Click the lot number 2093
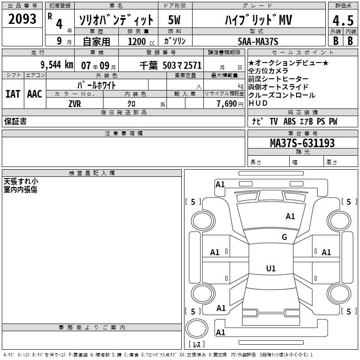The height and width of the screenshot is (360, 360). (x=22, y=19)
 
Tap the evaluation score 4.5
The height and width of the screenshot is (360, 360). (x=342, y=21)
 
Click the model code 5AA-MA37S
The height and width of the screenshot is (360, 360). (x=258, y=41)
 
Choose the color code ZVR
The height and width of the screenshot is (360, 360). (x=74, y=103)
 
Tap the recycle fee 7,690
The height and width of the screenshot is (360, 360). (x=227, y=103)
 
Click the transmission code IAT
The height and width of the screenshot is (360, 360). (x=13, y=94)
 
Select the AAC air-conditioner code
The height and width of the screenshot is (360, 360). (x=35, y=94)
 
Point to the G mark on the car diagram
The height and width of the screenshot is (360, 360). (x=284, y=237)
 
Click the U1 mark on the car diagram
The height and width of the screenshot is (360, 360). (x=270, y=269)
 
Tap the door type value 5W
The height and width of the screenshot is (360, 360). (x=175, y=20)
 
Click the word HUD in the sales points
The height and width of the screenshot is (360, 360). (x=258, y=103)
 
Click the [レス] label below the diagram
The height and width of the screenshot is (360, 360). (x=196, y=344)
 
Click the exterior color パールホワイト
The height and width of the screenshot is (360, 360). (x=97, y=85)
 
